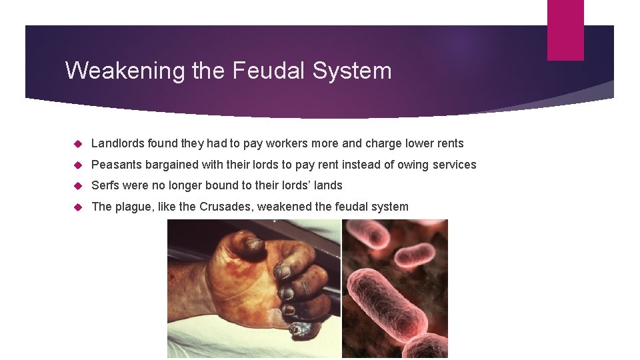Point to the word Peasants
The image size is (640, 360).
116,165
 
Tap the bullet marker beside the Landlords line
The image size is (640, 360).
77,144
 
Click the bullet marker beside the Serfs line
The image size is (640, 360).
77,186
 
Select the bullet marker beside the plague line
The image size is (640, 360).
77,207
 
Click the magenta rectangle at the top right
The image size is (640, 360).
565,29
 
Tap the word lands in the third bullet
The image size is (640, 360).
327,185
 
